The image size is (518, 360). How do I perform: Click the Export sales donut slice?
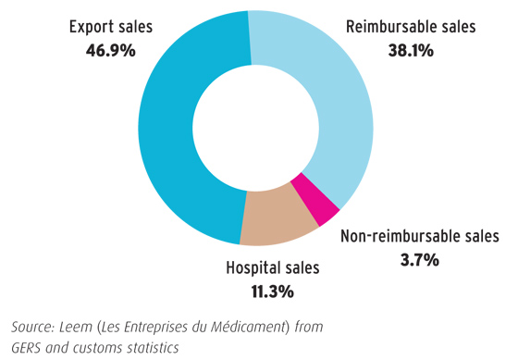(x=157, y=130)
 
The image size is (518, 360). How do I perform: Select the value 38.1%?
(x=410, y=50)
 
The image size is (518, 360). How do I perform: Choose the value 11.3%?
(x=272, y=292)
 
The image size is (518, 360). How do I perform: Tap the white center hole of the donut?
(x=250, y=124)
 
